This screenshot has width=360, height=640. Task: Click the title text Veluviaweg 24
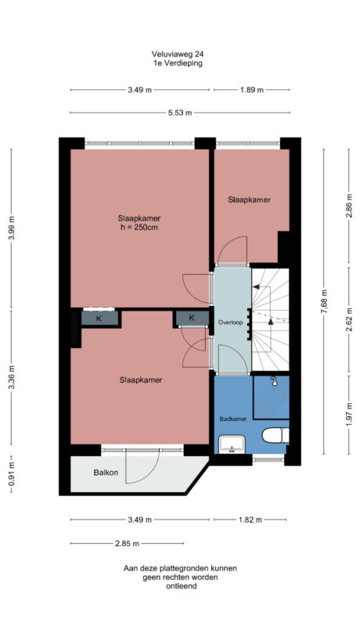click(x=179, y=54)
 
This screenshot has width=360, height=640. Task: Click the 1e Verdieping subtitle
click(x=179, y=63)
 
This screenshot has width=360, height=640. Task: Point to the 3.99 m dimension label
click(x=12, y=230)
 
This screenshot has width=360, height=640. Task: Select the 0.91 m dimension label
click(x=12, y=473)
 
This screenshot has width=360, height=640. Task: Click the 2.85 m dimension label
click(x=126, y=544)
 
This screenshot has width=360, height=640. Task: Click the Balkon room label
click(x=106, y=473)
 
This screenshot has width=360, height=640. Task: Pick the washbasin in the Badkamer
click(x=232, y=444)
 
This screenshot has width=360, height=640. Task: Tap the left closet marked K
click(x=99, y=318)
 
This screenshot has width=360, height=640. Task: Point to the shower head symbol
click(x=275, y=382)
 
